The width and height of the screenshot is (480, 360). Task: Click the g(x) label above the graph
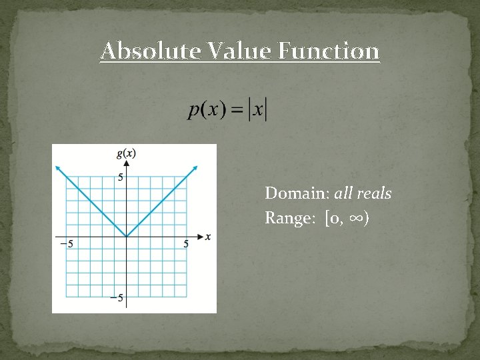[x=126, y=153]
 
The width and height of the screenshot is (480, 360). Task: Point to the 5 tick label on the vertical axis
[x=121, y=177]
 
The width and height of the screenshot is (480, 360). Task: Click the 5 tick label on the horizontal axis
[x=186, y=244]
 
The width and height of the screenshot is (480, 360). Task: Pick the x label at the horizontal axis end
[x=208, y=237]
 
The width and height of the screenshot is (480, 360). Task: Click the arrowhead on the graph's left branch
[x=58, y=167]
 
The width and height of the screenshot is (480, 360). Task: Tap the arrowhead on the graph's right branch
[x=195, y=167]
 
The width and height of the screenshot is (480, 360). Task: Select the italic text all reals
[x=363, y=194]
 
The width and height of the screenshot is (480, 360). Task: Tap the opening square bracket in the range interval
[x=327, y=219]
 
